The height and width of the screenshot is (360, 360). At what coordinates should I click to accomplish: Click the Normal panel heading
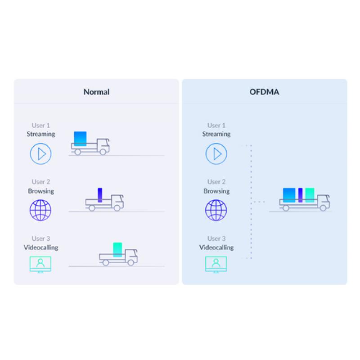(x=96, y=92)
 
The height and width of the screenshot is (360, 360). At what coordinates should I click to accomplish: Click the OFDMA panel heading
(x=264, y=92)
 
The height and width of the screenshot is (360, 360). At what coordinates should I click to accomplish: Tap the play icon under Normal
(x=41, y=154)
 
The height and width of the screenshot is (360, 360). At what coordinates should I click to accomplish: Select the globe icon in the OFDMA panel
(x=216, y=210)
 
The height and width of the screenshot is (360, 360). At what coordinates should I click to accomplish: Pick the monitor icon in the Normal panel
(x=40, y=264)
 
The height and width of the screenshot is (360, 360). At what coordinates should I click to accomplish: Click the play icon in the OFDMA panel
(x=216, y=154)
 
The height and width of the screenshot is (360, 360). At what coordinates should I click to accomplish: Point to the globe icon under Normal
(x=40, y=210)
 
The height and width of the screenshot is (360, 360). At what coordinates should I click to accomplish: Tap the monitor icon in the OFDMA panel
(x=216, y=264)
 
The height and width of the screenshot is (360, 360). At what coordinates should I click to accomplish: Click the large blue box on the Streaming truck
(x=80, y=138)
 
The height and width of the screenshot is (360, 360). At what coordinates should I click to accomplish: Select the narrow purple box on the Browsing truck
(x=100, y=194)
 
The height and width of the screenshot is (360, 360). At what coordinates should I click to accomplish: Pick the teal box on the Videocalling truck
(x=117, y=249)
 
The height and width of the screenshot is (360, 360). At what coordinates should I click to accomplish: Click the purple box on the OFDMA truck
(x=300, y=195)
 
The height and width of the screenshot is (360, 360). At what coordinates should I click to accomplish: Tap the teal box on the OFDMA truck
(x=310, y=195)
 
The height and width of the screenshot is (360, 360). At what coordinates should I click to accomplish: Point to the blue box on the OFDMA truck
(x=289, y=195)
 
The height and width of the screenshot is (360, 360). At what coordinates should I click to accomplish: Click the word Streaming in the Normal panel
(x=41, y=134)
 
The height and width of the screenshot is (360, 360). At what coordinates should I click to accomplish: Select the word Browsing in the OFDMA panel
(x=216, y=191)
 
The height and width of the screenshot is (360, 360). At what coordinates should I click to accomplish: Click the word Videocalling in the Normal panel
(x=41, y=247)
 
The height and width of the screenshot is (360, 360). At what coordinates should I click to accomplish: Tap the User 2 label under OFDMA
(x=216, y=182)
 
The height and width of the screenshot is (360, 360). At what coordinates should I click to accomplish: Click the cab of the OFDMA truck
(x=323, y=201)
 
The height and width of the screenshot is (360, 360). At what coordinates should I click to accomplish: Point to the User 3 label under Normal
(x=41, y=238)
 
